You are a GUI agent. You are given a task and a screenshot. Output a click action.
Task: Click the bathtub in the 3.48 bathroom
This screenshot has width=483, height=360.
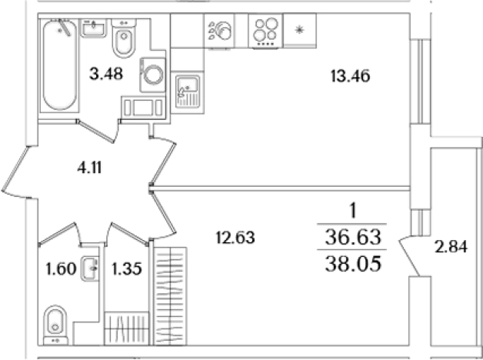pyautogui.click(x=59, y=65)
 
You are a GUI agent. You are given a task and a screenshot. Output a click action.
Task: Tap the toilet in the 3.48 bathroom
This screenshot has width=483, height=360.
pyautogui.click(x=124, y=38)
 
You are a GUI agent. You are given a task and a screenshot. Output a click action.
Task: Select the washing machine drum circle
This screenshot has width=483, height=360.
pyautogui.click(x=153, y=75)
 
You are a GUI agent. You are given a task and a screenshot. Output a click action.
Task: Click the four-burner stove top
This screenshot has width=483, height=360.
pyautogui.click(x=265, y=31)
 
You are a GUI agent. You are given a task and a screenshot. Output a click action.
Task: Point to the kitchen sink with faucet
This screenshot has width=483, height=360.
pyautogui.click(x=188, y=92)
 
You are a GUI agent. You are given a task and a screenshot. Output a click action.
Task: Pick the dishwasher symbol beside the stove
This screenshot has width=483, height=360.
pyautogui.click(x=220, y=31)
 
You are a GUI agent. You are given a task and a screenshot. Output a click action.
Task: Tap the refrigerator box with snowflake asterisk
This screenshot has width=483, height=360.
pyautogui.click(x=300, y=31)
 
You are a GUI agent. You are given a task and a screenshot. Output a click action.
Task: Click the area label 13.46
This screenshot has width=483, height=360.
pyautogui.click(x=350, y=76)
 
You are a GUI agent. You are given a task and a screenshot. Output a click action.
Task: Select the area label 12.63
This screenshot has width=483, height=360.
pyautogui.click(x=235, y=238)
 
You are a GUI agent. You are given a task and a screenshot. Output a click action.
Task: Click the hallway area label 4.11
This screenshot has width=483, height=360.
pyautogui.click(x=89, y=168)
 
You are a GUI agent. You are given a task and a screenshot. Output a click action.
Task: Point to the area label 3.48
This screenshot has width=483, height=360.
pyautogui.click(x=106, y=74)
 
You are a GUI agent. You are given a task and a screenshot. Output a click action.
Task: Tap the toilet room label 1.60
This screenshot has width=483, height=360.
pyautogui.click(x=61, y=268)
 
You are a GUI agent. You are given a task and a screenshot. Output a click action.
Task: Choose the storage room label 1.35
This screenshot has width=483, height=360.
pyautogui.click(x=127, y=268)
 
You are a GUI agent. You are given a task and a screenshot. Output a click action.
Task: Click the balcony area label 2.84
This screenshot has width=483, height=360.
pyautogui.click(x=451, y=247)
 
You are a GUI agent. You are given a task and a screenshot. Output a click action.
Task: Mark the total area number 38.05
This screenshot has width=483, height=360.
pyautogui.click(x=353, y=264)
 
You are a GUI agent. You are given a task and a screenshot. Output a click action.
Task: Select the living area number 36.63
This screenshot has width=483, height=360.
pyautogui.click(x=353, y=237)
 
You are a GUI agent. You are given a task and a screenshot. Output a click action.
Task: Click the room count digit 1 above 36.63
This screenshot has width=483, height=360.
pyautogui.click(x=353, y=211)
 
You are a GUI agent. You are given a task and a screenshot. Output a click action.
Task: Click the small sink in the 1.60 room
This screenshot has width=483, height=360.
pyautogui.click(x=90, y=268)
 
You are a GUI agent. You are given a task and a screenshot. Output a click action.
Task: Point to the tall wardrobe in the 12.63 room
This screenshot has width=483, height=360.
pyautogui.click(x=170, y=296)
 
